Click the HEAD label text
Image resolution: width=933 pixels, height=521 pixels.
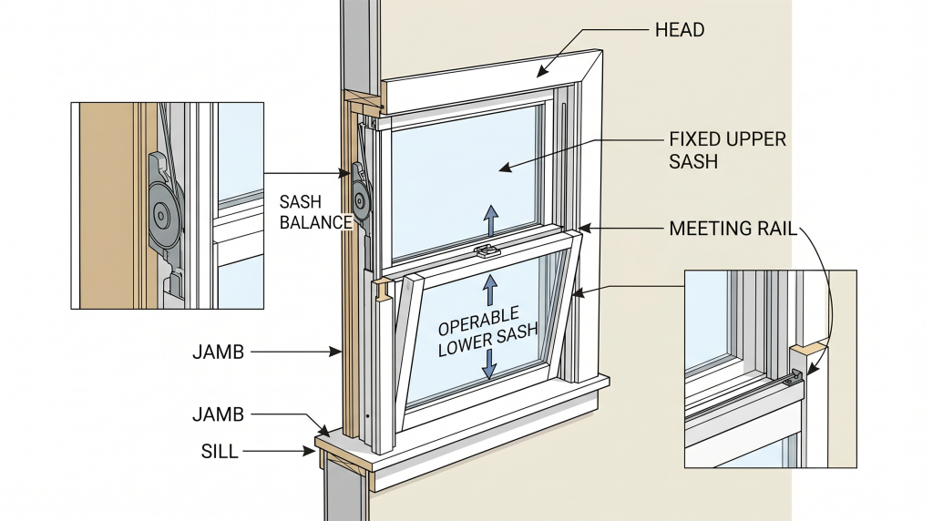point(679,30)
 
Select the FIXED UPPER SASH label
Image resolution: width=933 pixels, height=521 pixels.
point(727,150)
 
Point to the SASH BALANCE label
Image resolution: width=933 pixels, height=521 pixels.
point(315,212)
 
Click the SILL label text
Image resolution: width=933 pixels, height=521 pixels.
point(220,451)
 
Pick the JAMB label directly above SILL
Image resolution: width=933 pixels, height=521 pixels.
point(218,414)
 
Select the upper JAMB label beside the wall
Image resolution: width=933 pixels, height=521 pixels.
point(218,351)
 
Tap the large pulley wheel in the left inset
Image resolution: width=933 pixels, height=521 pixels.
point(164,215)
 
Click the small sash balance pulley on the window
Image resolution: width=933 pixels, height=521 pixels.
point(360,196)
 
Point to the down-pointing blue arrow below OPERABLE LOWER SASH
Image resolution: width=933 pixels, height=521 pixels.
point(490,365)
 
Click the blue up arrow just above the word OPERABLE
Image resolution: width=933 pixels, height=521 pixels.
point(490,289)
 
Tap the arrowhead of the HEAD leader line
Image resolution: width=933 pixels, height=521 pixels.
point(539,73)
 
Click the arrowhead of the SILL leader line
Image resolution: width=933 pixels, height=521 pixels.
point(313,449)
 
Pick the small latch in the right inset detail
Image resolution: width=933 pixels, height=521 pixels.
point(798,373)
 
